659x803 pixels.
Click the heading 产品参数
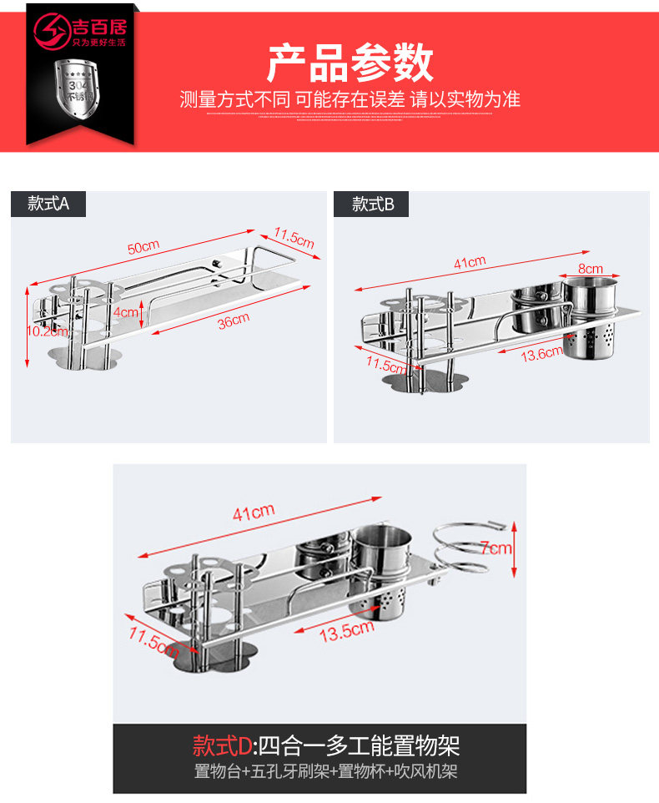(x=350, y=63)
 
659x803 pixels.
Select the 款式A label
(x=48, y=204)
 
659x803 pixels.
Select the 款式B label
(x=372, y=204)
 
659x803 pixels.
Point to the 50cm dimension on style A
(x=143, y=247)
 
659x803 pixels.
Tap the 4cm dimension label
(x=126, y=312)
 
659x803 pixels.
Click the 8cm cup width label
(x=590, y=269)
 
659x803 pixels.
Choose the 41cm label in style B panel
(x=470, y=262)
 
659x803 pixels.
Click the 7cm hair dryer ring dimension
(x=496, y=548)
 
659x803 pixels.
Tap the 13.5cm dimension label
(x=345, y=631)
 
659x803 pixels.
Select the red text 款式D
(x=222, y=744)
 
